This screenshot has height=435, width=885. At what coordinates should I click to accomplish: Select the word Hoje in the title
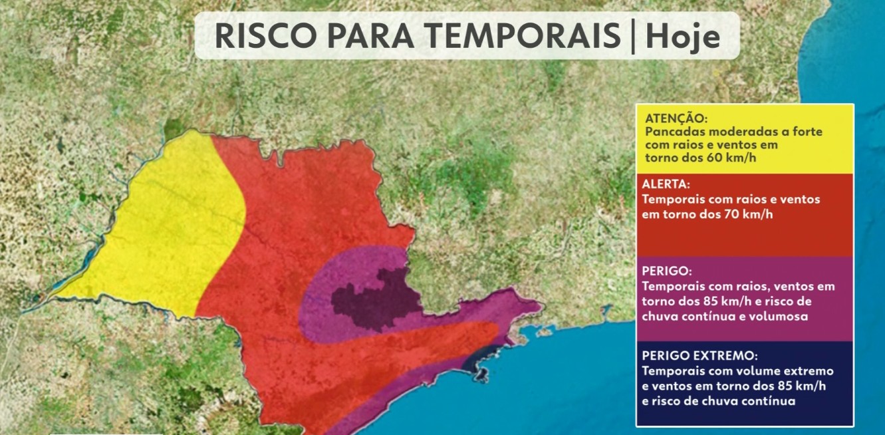(x=683, y=37)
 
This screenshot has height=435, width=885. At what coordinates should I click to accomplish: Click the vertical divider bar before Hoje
(x=632, y=37)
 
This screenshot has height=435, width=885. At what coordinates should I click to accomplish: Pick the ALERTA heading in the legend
(x=666, y=184)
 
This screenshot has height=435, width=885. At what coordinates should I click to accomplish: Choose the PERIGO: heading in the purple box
(x=667, y=272)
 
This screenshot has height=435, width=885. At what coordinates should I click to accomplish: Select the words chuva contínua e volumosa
(x=725, y=316)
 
